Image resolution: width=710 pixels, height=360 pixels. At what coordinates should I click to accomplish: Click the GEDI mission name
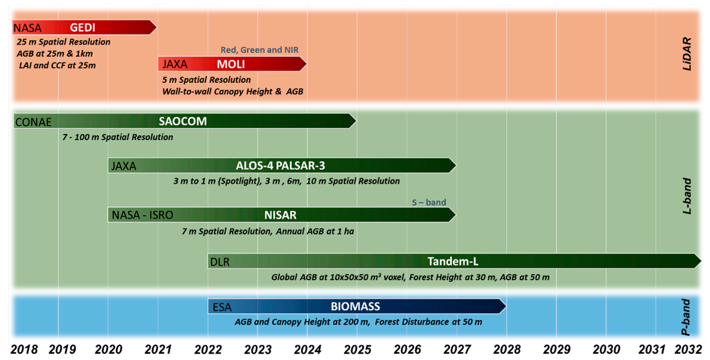pos(82,28)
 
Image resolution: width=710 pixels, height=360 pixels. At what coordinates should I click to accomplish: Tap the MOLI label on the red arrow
pos(231,64)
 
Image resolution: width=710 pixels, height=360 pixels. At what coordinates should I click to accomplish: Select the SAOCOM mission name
pos(183,121)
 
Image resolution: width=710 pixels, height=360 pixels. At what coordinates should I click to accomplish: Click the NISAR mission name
pos(280,215)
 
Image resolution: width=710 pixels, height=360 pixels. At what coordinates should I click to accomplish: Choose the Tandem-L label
pos(453,261)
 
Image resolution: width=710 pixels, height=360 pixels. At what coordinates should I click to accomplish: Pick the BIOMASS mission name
pos(355,307)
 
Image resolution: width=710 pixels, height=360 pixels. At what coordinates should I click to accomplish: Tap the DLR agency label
pos(220,262)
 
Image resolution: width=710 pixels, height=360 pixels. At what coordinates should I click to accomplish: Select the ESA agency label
pos(222,307)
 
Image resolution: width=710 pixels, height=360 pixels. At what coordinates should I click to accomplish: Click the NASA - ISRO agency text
pos(142,215)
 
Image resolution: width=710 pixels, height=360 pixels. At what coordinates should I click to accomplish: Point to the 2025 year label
pos(358,350)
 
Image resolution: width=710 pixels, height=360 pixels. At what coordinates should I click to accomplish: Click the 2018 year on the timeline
pos(24,350)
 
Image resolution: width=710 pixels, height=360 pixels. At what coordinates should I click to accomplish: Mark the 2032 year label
pos(688,350)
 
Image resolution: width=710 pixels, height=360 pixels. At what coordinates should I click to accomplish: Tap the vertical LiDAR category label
pos(687,54)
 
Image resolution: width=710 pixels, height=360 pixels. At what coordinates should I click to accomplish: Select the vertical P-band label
pos(686,317)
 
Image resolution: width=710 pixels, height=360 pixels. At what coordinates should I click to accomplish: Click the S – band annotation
pos(429,203)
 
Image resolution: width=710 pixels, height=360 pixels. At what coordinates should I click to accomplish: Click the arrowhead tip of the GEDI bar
pos(157,27)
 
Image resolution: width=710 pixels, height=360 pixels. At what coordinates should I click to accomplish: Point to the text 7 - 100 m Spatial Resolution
pos(118,137)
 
